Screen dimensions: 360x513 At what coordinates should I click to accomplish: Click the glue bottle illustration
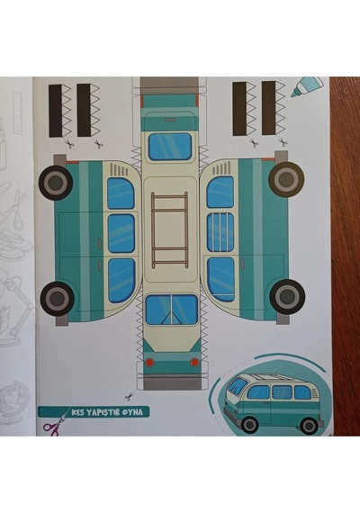click(306, 87)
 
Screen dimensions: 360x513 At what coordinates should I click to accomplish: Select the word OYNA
click(132, 412)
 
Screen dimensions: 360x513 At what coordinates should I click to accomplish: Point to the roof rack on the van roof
click(169, 229)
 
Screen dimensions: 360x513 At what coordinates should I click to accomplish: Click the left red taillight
click(149, 362)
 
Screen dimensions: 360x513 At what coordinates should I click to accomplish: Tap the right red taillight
click(194, 362)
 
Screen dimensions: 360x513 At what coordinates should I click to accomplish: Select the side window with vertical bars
click(220, 232)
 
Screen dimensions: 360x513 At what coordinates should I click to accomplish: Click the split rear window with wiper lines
click(172, 310)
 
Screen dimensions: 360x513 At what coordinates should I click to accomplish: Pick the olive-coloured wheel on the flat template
click(286, 179)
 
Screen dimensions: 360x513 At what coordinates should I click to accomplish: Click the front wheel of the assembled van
click(249, 424)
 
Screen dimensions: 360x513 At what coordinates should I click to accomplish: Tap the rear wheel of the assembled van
click(309, 426)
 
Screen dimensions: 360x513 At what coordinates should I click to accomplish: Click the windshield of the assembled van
click(238, 386)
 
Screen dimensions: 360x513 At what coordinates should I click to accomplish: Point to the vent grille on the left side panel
click(119, 170)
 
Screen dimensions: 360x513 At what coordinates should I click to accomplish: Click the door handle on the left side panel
click(100, 242)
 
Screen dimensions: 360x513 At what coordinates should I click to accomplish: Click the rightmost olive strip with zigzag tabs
click(274, 108)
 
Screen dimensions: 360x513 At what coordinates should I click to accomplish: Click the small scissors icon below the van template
click(130, 397)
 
